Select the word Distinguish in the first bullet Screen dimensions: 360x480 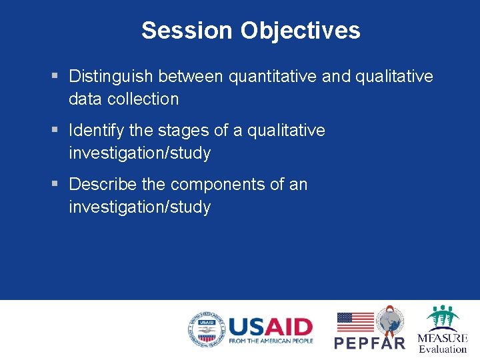click(x=111, y=77)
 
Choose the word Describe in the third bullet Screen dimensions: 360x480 click(x=103, y=184)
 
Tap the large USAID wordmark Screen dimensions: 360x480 click(x=270, y=327)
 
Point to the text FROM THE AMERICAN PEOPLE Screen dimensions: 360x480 click(x=271, y=341)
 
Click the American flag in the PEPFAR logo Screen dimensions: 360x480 click(x=355, y=322)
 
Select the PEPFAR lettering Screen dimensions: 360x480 click(x=369, y=343)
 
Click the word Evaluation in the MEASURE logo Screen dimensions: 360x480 click(x=443, y=349)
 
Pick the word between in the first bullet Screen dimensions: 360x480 click(x=191, y=77)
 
